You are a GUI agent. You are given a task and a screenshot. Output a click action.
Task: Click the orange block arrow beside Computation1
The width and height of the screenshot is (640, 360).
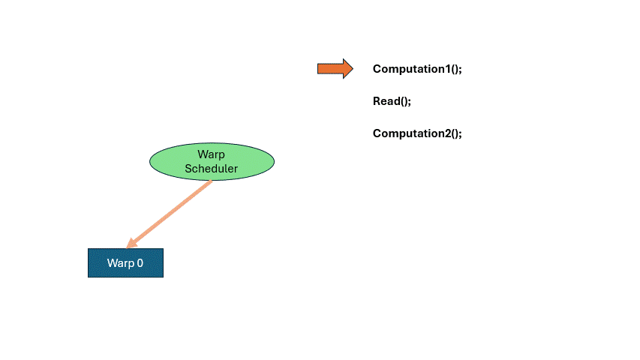(x=335, y=68)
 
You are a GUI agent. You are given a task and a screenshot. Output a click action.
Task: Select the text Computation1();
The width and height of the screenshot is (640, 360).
(x=417, y=69)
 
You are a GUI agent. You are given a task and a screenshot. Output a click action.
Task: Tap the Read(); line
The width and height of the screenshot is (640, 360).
(x=392, y=101)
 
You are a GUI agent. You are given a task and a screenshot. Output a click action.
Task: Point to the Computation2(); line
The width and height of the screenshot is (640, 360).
(x=417, y=133)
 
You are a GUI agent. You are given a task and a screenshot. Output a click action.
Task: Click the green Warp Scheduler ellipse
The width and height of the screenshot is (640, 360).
(x=212, y=162)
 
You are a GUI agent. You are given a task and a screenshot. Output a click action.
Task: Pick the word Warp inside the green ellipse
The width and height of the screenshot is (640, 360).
(x=211, y=154)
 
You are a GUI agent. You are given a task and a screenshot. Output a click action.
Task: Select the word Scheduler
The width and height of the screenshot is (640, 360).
(x=211, y=169)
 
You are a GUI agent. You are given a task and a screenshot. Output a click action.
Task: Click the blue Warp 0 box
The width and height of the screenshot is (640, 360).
(x=126, y=262)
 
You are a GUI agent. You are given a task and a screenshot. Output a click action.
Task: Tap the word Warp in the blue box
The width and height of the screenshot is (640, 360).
(x=121, y=263)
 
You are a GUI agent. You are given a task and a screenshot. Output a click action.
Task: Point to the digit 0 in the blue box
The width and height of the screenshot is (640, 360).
(x=140, y=262)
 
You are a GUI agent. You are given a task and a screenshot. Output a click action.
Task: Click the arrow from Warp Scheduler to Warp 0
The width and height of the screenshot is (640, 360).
(x=169, y=214)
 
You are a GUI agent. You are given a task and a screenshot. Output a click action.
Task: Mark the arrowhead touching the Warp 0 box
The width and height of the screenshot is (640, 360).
(x=131, y=244)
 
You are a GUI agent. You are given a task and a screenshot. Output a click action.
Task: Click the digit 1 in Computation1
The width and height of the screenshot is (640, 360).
(x=447, y=68)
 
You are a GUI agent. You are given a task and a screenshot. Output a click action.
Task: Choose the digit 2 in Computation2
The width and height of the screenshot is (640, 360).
(x=448, y=133)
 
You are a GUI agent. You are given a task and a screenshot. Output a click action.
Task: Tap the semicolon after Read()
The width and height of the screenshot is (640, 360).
(x=410, y=103)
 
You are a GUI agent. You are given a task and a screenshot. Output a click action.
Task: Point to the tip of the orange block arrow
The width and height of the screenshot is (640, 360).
(x=353, y=68)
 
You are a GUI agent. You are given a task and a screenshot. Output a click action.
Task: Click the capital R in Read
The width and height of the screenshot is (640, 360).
(x=377, y=100)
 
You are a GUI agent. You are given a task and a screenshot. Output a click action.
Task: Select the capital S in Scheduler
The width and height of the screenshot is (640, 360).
(x=188, y=168)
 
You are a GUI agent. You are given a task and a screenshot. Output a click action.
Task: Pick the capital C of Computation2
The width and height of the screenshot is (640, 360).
(x=377, y=133)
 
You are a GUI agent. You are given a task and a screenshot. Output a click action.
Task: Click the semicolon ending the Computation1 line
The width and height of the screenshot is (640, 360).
(x=460, y=70)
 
